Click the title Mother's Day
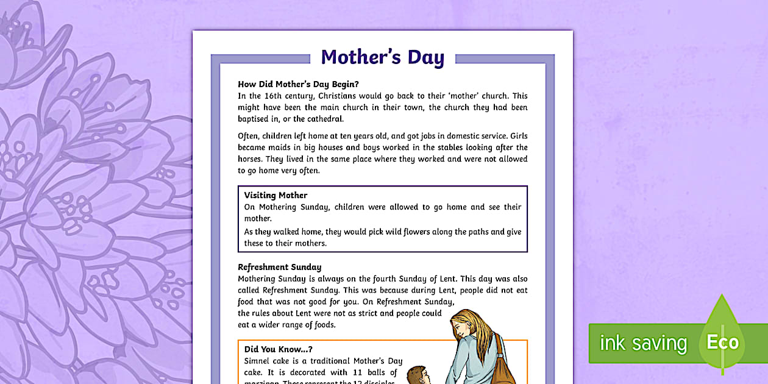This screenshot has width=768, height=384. [x=382, y=57]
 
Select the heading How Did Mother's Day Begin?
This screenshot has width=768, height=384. [x=298, y=84]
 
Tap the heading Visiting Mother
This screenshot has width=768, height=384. [x=276, y=195]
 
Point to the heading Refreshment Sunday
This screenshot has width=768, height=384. [x=279, y=267]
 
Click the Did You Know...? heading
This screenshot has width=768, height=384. [x=278, y=349]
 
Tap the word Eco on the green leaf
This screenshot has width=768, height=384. [x=722, y=343]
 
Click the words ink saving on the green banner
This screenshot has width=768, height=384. [x=643, y=343]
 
